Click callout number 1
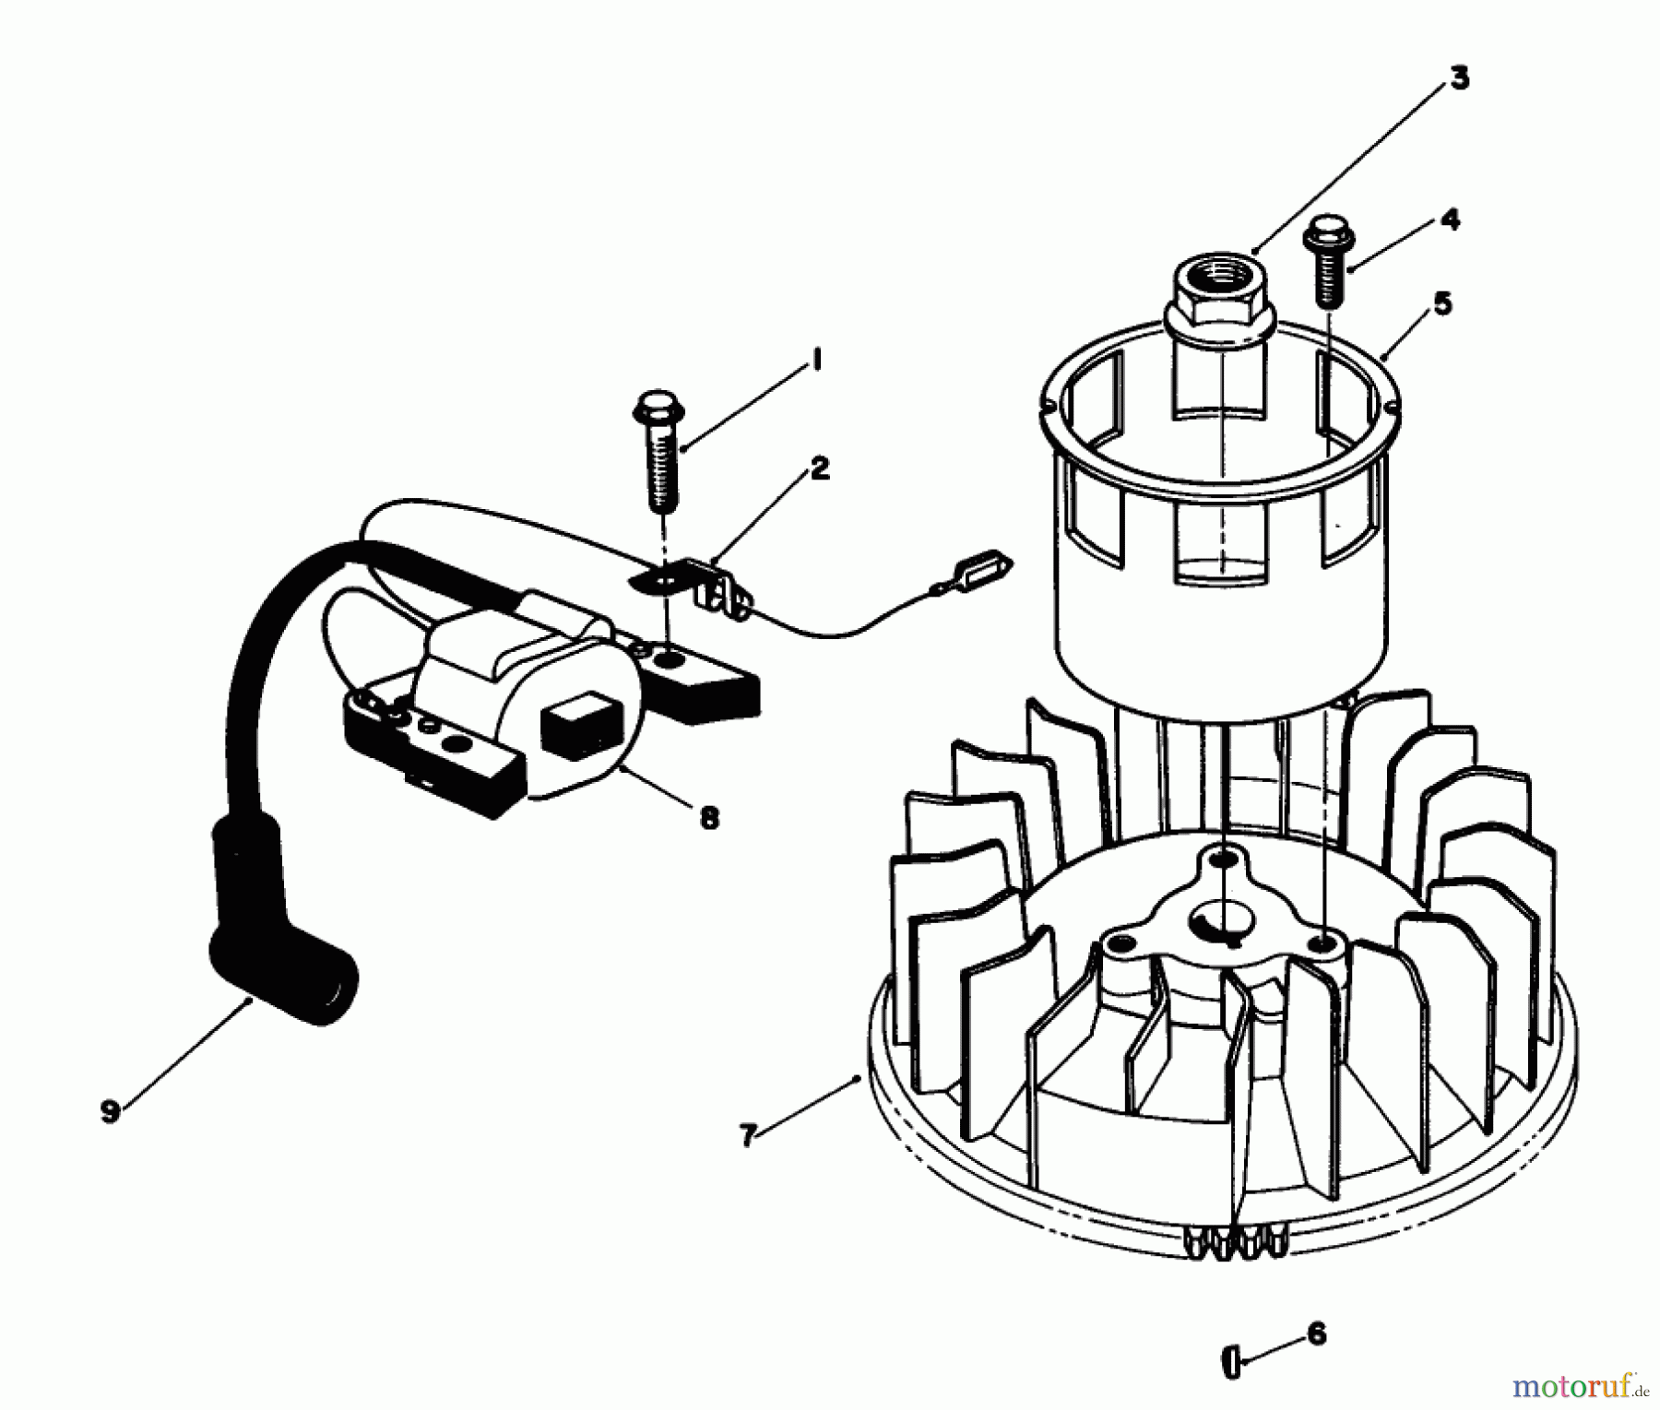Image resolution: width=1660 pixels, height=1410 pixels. pos(815,361)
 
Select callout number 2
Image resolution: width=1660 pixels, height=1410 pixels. pos(819,468)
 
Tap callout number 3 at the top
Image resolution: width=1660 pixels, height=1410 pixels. pos(1458,78)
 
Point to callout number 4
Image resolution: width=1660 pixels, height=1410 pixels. pos(1450,219)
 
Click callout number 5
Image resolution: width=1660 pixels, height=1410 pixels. pos(1442,303)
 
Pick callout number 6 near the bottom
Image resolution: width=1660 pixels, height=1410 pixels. pos(1316,1333)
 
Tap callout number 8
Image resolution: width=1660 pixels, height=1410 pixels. pos(708,817)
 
